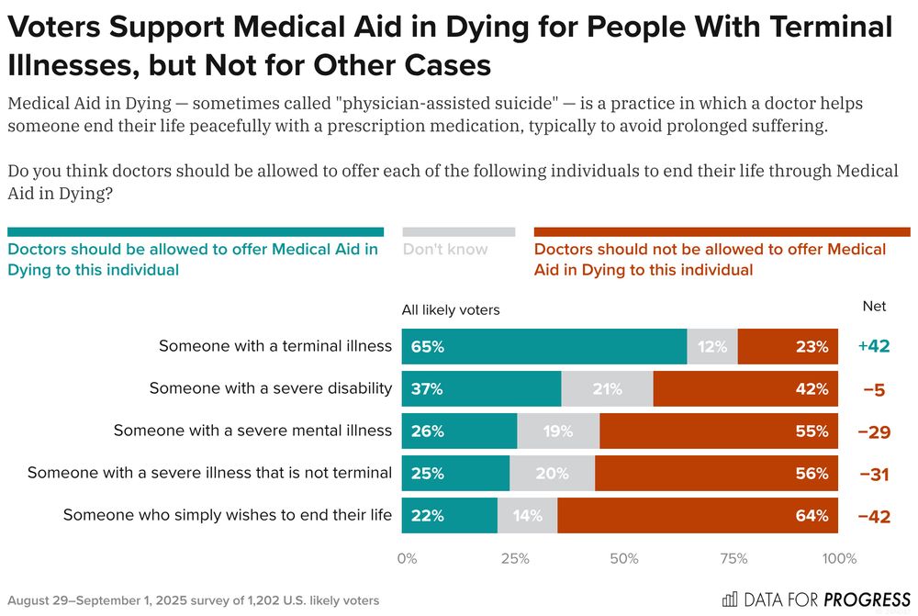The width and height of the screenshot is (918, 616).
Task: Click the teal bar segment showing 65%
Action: (x=544, y=347)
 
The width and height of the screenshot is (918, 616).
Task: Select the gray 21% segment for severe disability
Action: (x=607, y=389)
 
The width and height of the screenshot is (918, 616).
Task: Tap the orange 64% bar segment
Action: (x=698, y=516)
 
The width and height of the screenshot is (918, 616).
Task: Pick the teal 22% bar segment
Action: (x=450, y=516)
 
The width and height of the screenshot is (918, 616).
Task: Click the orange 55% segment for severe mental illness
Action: (x=719, y=431)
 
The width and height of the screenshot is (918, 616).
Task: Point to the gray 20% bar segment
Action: (x=552, y=474)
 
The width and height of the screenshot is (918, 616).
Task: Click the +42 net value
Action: (x=874, y=347)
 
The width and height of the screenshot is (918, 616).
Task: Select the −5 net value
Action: (x=874, y=389)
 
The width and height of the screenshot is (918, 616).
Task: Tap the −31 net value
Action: (x=874, y=474)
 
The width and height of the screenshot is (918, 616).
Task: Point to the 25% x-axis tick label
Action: (x=515, y=558)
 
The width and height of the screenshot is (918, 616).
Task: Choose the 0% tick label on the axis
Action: (x=408, y=558)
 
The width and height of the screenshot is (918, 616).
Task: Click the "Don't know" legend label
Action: (x=446, y=249)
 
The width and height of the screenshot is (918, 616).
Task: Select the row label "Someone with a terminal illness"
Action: (x=275, y=347)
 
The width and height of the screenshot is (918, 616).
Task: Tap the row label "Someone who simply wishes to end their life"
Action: (x=228, y=516)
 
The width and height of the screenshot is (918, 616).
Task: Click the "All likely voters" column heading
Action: (x=451, y=310)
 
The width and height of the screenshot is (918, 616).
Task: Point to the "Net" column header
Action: (x=874, y=307)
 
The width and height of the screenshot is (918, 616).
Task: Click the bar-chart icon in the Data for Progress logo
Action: (x=730, y=599)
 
